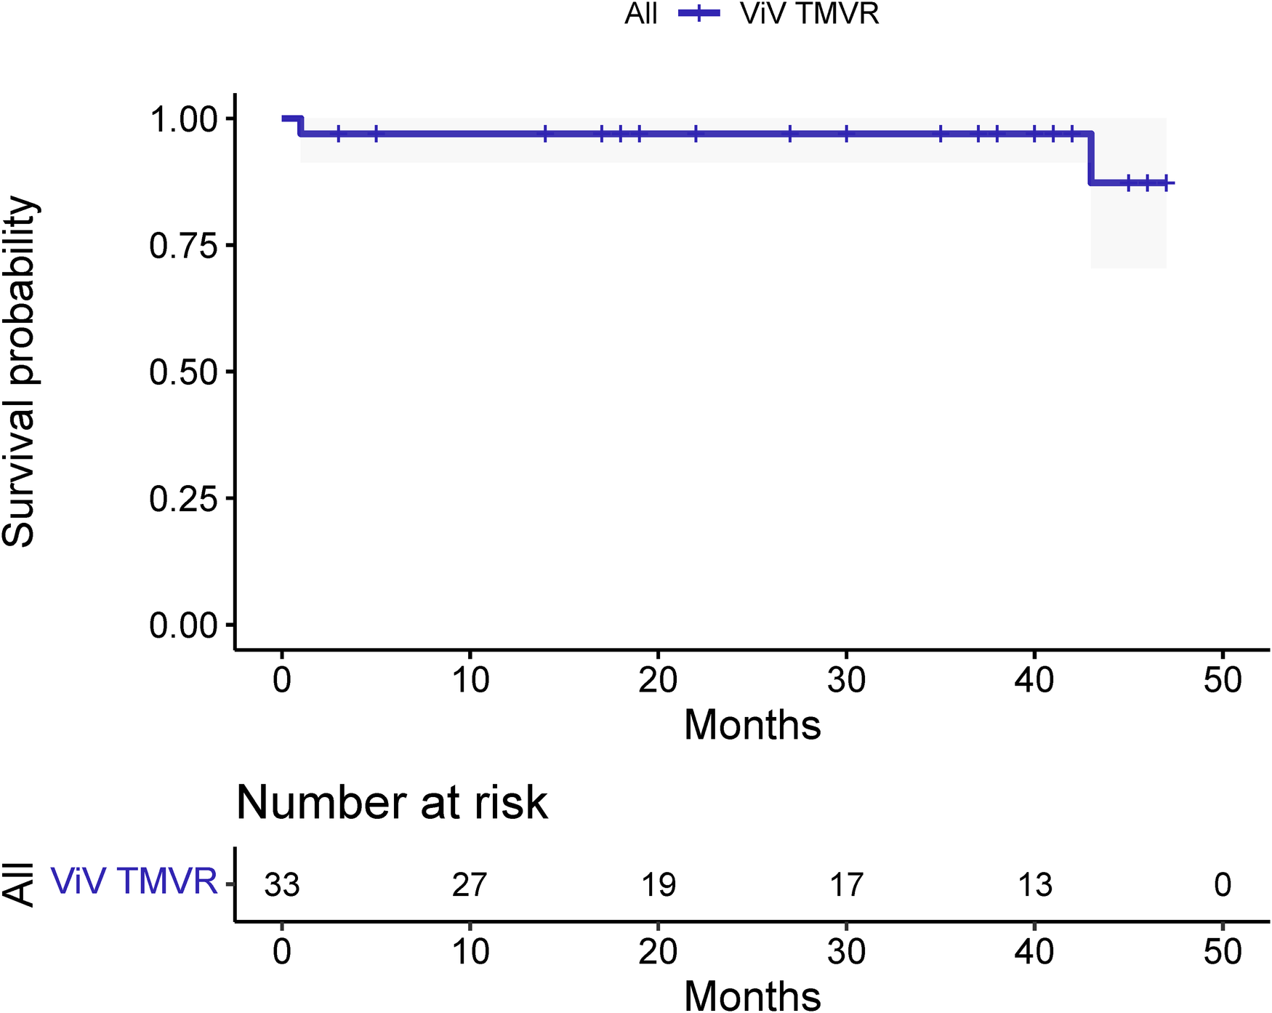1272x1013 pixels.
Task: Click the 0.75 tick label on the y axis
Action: point(183,247)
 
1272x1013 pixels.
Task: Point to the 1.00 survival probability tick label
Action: point(183,119)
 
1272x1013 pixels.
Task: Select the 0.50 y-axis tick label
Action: point(183,372)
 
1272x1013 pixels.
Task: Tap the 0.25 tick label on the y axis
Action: point(183,499)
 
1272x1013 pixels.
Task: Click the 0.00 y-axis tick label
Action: point(183,625)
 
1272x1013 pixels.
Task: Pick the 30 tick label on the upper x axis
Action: point(846,680)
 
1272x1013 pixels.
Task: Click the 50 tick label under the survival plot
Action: point(1223,680)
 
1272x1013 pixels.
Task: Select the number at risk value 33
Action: point(282,885)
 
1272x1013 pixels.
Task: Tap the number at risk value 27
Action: point(470,885)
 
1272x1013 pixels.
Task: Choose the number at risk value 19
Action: point(658,885)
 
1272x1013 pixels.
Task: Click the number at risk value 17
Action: point(846,885)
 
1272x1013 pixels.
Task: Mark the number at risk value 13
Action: point(1034,885)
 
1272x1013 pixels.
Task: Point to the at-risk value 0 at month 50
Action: point(1223,885)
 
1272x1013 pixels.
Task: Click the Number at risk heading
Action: point(392,803)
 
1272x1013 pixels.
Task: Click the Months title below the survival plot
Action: point(752,725)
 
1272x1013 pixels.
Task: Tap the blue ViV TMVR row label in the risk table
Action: point(134,881)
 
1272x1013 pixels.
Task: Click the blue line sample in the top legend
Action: point(699,14)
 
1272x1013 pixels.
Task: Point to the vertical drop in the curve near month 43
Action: point(1090,158)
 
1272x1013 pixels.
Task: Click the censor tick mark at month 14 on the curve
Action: point(545,134)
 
